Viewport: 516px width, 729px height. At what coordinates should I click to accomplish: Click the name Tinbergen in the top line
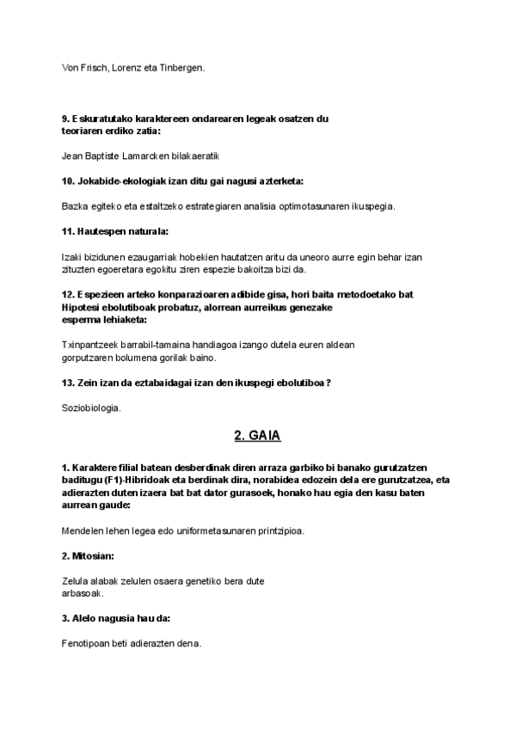pyautogui.click(x=182, y=67)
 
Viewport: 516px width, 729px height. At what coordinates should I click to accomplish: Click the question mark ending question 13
pyautogui.click(x=329, y=383)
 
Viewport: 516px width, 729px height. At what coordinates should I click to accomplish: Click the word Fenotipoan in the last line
pyautogui.click(x=88, y=643)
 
